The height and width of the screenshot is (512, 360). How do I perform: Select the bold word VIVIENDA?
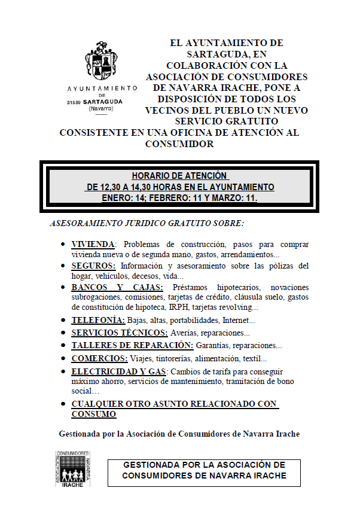[x=93, y=245]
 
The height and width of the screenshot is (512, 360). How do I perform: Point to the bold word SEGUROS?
[x=93, y=266]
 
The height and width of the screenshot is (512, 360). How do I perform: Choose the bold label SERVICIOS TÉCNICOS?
[x=119, y=333]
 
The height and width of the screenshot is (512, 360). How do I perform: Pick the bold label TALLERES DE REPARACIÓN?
[x=132, y=345]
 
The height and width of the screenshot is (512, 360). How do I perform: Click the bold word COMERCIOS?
[x=99, y=358]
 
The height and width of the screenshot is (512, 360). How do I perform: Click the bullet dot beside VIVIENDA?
[x=63, y=245]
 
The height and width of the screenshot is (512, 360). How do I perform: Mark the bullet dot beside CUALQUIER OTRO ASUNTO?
[x=63, y=405]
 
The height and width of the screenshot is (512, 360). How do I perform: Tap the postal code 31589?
[x=74, y=102]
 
